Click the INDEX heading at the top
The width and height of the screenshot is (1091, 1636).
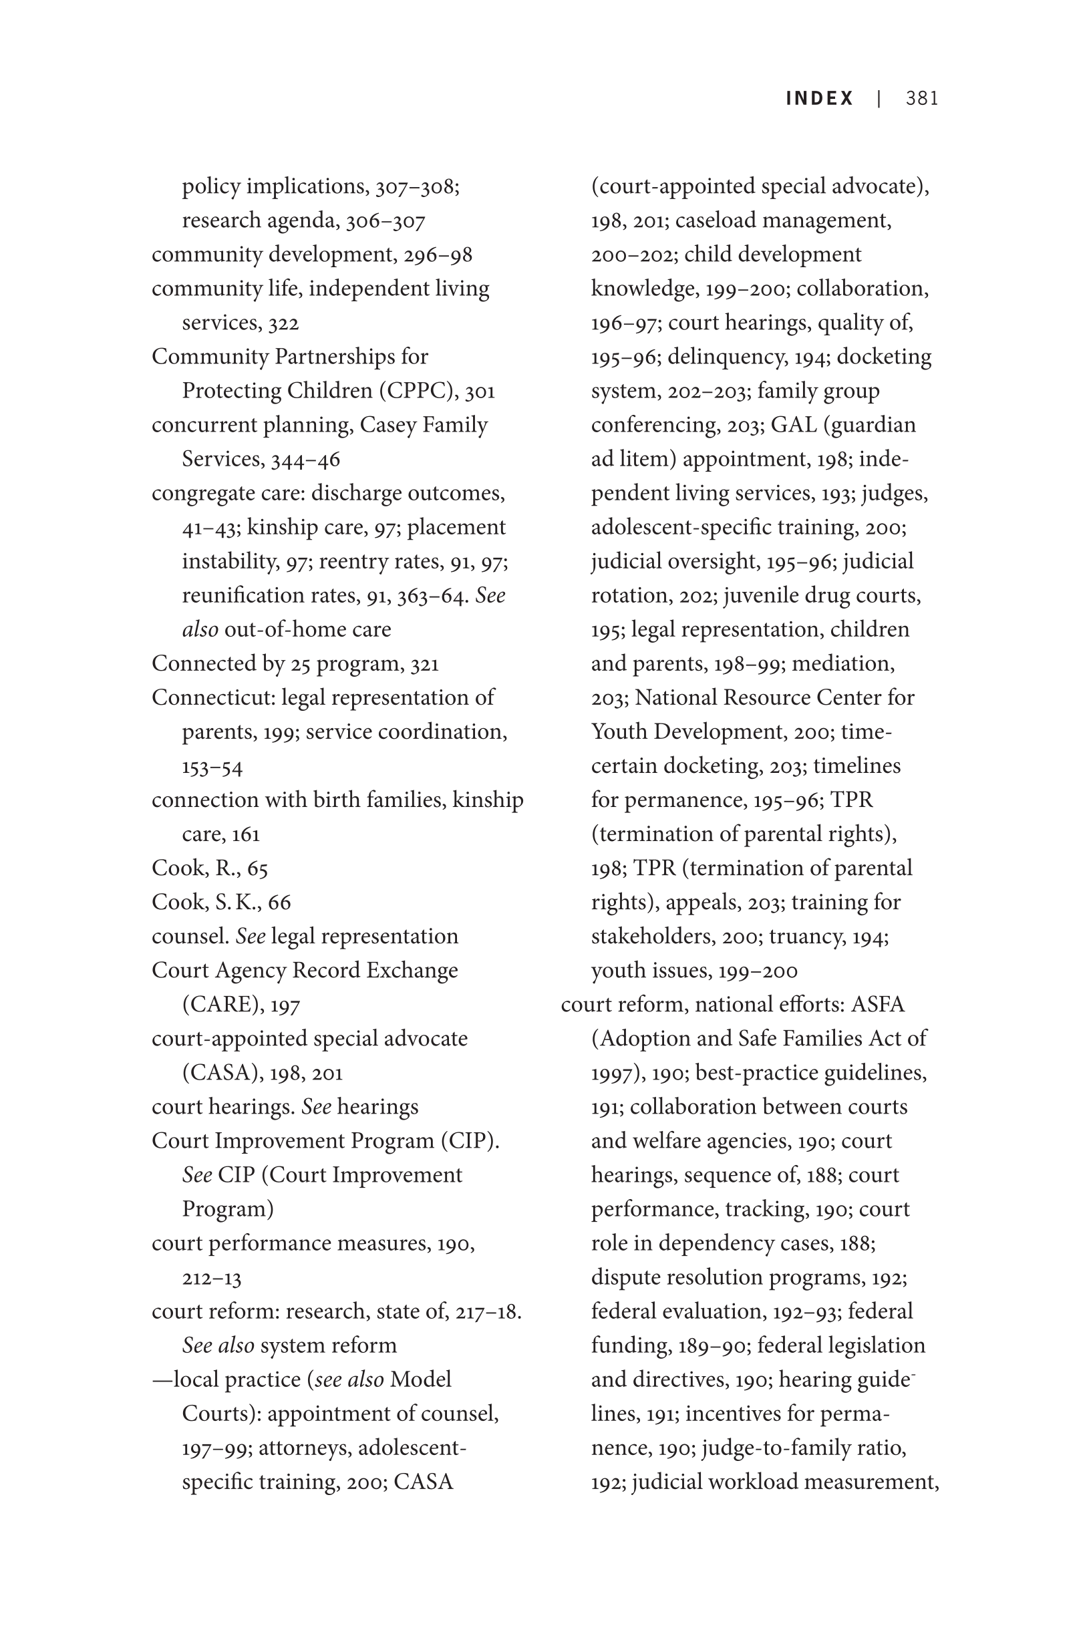point(819,98)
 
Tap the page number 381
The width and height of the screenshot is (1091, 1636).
point(922,98)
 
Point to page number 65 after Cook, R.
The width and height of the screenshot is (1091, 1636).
point(257,868)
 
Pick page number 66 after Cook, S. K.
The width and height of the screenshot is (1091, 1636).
point(279,902)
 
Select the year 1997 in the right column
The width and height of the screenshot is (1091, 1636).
point(611,1073)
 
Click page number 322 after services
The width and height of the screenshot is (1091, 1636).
point(283,323)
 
